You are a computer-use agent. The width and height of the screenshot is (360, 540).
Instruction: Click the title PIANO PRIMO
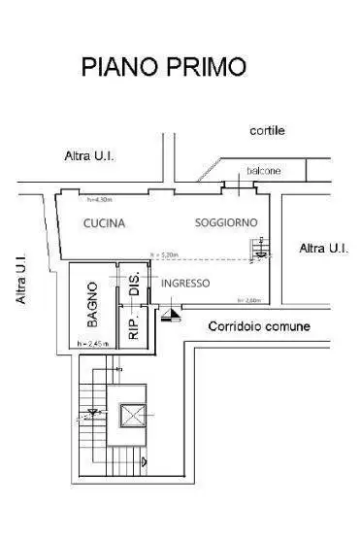[163, 66]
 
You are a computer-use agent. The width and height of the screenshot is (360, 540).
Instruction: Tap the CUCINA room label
[104, 223]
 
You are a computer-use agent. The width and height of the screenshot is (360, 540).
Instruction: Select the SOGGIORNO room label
[225, 223]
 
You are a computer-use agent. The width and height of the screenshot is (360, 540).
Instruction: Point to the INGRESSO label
[185, 283]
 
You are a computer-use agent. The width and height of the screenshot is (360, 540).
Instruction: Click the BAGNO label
[92, 303]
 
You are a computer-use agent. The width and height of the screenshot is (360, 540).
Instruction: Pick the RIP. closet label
[134, 323]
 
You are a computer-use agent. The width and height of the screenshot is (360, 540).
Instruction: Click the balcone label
[263, 171]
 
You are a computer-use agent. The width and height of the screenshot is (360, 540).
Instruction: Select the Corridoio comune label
[259, 326]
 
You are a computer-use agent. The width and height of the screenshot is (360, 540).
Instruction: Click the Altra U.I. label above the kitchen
[91, 155]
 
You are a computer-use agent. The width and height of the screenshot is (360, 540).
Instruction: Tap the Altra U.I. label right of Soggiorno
[324, 249]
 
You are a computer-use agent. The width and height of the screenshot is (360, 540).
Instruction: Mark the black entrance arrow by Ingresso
[171, 314]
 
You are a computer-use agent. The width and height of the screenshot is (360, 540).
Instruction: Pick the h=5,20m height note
[164, 255]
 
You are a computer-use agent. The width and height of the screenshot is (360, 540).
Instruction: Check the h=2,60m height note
[246, 300]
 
